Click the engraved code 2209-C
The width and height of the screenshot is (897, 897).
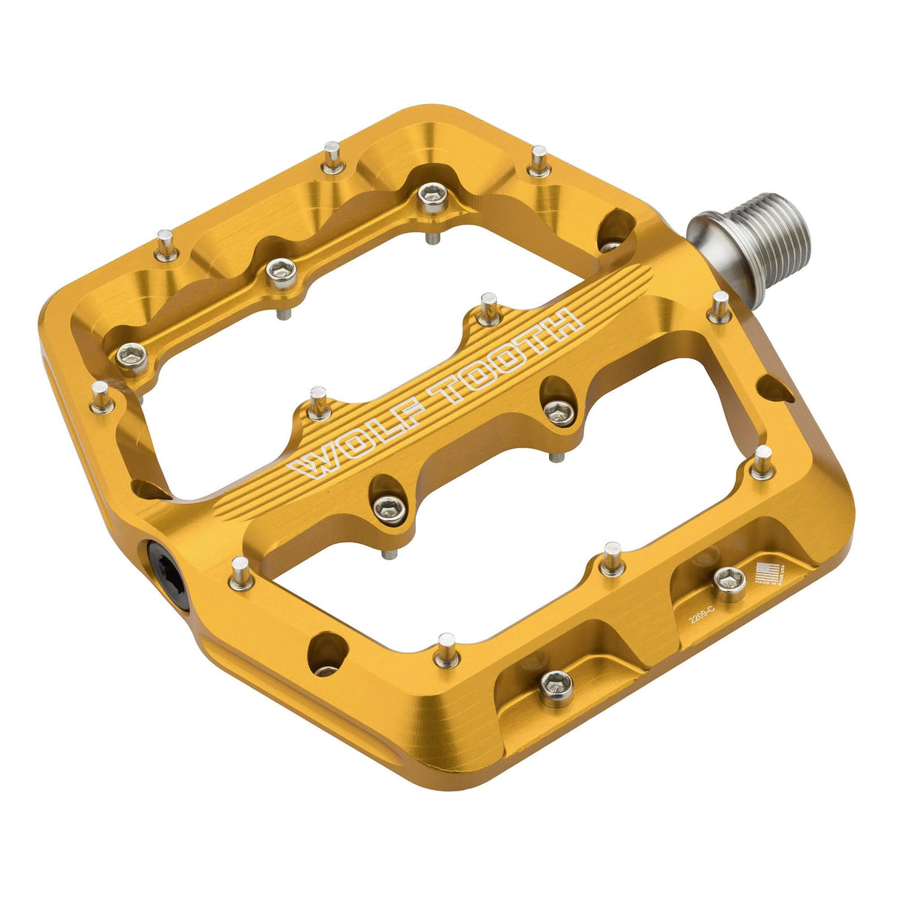click(703, 615)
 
